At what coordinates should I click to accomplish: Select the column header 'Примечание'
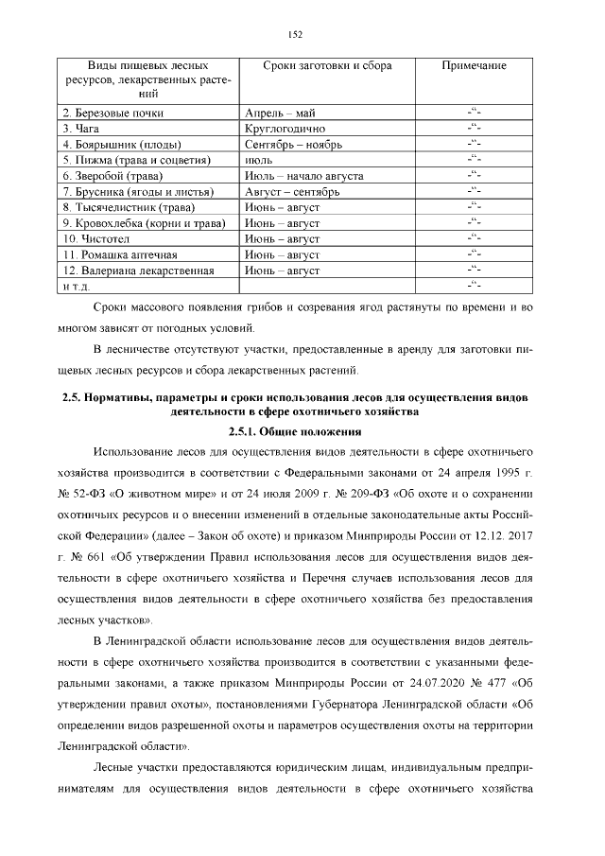475,66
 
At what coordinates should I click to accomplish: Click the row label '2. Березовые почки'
112,114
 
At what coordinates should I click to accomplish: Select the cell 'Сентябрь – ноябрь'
293,145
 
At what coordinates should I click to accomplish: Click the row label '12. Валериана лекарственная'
132,271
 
